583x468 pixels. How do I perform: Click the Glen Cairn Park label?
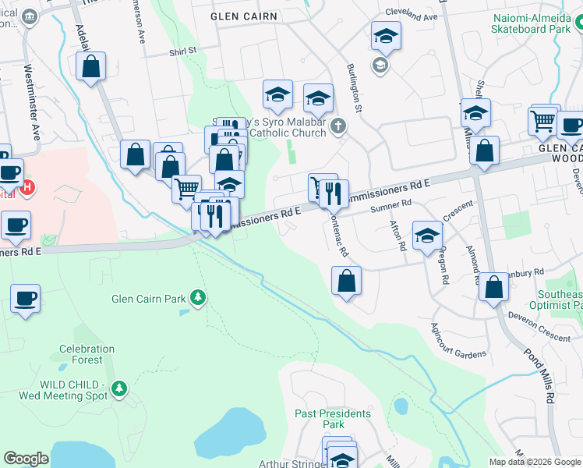pos(149,298)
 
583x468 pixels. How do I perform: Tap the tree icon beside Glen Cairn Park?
pos(199,297)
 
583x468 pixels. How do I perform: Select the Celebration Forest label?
pos(87,354)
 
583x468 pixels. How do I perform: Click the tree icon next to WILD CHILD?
pos(118,388)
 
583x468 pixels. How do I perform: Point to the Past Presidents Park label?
pos(333,419)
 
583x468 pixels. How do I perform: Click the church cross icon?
pos(337,126)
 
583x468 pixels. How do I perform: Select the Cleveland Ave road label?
pos(412,16)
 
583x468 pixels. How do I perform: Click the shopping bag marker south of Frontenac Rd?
pos(346,281)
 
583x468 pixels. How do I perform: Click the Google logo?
pos(26,458)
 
